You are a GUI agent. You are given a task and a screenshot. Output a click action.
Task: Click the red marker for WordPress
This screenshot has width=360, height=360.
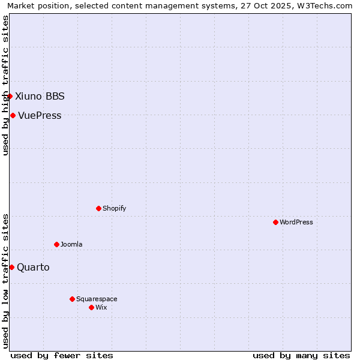275,222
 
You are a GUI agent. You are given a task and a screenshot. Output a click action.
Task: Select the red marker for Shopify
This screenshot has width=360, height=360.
98,208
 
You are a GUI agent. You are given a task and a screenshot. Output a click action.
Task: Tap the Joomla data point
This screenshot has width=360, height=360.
56,244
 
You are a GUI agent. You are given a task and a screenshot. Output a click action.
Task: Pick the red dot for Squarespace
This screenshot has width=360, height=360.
72,299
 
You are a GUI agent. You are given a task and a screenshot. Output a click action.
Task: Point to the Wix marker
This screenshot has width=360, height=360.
91,307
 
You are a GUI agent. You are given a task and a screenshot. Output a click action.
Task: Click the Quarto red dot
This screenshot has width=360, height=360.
11,267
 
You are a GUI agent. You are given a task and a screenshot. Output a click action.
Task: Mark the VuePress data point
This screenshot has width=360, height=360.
13,115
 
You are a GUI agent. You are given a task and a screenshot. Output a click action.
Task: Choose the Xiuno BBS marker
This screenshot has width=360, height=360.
10,96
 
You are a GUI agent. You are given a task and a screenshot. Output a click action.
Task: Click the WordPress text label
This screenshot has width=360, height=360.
296,222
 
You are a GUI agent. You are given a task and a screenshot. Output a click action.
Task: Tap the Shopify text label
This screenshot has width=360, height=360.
115,208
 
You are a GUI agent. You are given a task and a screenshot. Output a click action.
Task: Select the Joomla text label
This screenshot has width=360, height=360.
71,244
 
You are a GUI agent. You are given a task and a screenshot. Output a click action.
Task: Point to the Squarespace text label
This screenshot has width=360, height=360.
97,299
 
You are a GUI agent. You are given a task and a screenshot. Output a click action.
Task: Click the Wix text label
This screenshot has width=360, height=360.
101,307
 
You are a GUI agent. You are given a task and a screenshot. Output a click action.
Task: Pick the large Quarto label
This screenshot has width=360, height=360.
33,267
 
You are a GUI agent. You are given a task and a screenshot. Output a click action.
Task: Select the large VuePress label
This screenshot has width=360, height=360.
40,115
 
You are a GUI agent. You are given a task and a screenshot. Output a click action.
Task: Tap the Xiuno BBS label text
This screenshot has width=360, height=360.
40,96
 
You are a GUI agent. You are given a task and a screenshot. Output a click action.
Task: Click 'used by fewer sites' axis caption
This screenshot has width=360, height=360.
62,355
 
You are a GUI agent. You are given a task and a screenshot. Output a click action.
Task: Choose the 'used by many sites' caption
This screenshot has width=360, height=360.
301,355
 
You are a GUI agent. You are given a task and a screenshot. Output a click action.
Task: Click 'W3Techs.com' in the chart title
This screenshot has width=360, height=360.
326,5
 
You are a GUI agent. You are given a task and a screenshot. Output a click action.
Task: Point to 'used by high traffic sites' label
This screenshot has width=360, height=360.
5,85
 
